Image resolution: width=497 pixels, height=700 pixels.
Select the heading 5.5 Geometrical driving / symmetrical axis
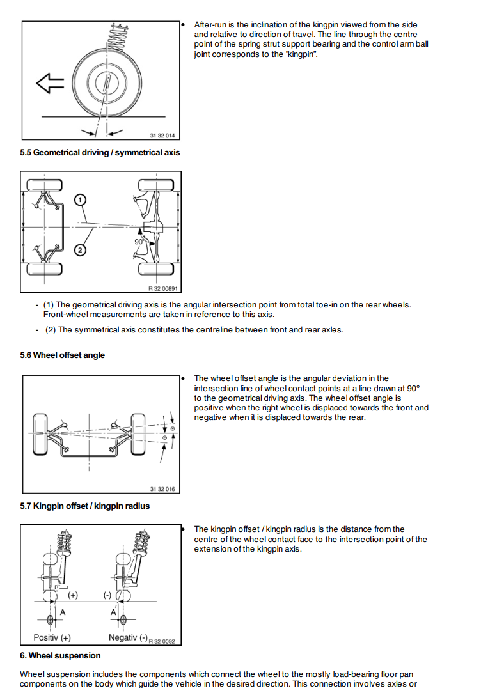point(100,152)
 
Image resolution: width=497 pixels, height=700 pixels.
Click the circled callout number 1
point(79,199)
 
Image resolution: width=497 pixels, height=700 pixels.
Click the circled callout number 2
point(79,250)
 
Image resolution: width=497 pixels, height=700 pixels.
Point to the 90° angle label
point(139,242)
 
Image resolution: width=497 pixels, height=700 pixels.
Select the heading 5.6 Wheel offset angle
point(62,355)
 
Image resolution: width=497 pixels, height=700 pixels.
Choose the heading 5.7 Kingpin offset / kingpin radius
point(84,506)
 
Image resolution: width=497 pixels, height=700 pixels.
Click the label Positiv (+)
point(52,637)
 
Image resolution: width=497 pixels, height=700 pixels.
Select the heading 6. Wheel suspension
point(60,655)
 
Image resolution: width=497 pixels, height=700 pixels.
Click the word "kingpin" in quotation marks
point(303,54)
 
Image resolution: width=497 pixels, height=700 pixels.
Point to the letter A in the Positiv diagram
point(62,612)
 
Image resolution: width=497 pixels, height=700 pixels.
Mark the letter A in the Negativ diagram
point(113,612)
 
